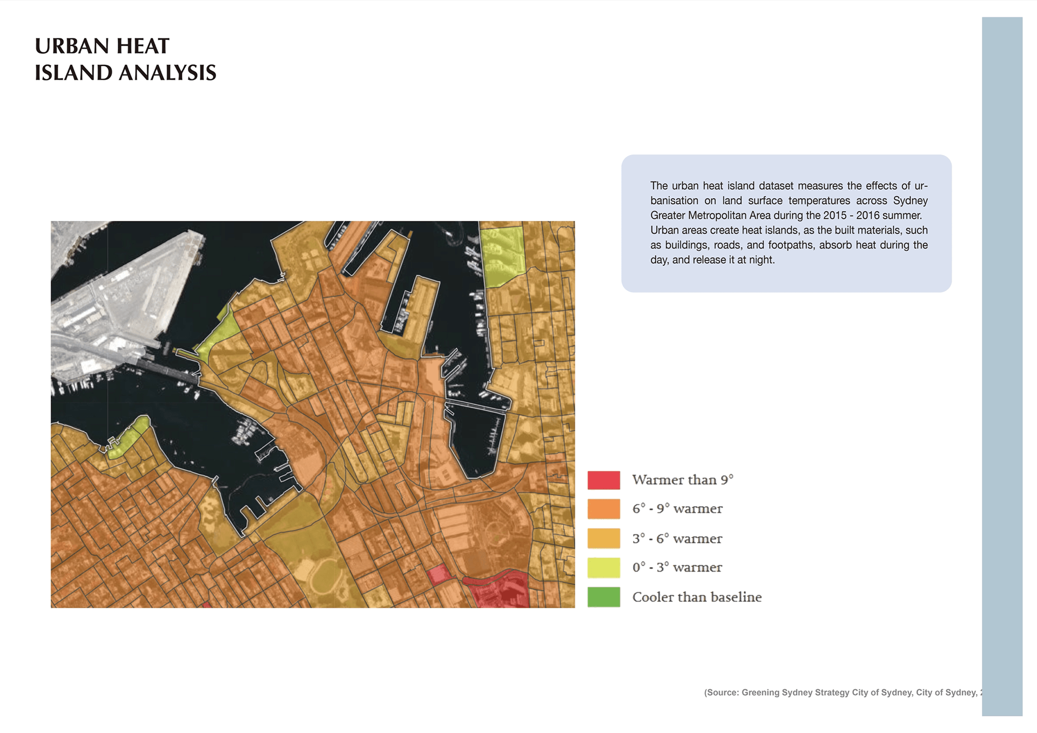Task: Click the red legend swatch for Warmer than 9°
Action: tap(603, 480)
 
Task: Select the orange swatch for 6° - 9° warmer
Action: tap(603, 509)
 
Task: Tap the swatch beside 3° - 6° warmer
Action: tap(603, 538)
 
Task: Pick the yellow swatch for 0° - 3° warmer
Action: tap(603, 567)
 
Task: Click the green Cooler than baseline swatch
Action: tap(603, 597)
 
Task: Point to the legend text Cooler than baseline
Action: tap(697, 597)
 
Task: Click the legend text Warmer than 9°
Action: tap(683, 480)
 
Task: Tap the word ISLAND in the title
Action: tap(73, 73)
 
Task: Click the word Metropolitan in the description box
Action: tap(718, 216)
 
